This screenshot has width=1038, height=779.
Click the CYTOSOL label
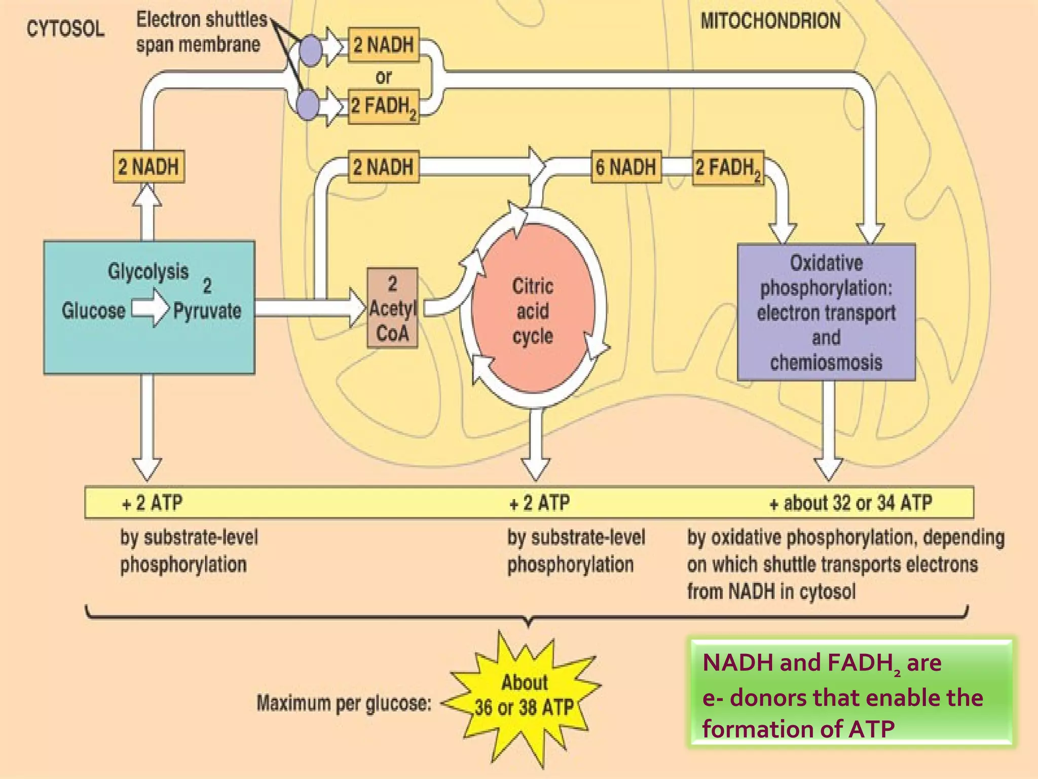click(65, 29)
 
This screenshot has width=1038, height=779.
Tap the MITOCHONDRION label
click(770, 21)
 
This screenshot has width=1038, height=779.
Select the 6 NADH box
click(626, 167)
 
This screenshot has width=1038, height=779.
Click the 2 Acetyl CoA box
click(392, 308)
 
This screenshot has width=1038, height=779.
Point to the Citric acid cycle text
click(533, 311)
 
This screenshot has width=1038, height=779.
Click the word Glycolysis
click(148, 271)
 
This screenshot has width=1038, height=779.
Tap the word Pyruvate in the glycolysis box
click(207, 310)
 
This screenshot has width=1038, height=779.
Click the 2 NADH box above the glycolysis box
click(149, 167)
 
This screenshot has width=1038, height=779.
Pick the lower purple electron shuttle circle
click(308, 105)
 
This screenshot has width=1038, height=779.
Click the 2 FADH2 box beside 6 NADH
click(728, 168)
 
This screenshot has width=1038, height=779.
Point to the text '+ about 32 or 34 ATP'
click(850, 503)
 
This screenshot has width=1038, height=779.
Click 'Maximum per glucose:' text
click(344, 703)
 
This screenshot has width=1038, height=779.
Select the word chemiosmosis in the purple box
click(826, 363)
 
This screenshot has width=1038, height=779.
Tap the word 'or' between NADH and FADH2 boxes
click(383, 77)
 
